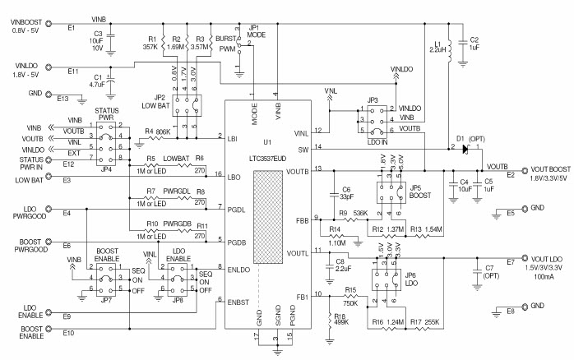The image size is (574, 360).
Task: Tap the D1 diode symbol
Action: (465, 149)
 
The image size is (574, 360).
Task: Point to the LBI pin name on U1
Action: (234, 137)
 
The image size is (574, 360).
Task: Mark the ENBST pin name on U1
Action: (237, 302)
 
